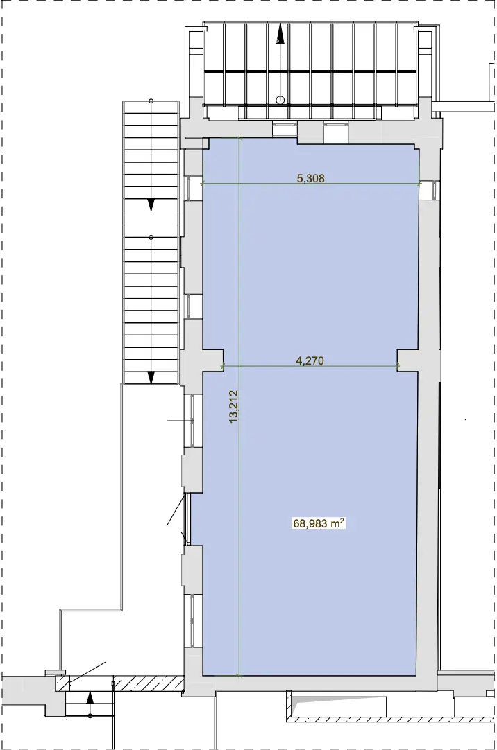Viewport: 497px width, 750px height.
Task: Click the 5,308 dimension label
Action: point(311,178)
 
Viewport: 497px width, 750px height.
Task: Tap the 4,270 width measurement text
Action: point(310,360)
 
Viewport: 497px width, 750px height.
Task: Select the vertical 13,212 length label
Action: point(234,407)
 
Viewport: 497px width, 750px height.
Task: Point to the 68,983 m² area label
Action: point(319,523)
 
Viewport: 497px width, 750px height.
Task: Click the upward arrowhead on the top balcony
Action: point(280,35)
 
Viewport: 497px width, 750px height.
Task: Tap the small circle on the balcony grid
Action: point(280,100)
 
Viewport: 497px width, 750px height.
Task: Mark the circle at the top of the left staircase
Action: point(151,101)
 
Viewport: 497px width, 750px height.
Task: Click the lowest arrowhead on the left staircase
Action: point(151,377)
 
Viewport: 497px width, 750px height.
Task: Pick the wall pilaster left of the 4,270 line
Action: point(212,360)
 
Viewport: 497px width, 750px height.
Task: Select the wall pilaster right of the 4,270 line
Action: point(407,360)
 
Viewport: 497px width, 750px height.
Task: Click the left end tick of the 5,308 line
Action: point(203,183)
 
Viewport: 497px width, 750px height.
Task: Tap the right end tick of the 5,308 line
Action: point(419,183)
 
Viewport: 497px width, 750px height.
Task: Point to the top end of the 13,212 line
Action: point(239,139)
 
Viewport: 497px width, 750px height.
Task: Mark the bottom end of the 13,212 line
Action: point(239,675)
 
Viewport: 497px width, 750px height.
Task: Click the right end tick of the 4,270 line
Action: point(398,367)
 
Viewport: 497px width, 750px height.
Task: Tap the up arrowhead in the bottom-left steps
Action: point(90,698)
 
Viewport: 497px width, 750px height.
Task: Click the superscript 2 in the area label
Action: point(342,521)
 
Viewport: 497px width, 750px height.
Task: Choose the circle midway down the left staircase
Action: point(151,237)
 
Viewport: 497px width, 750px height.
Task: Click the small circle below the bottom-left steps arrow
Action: point(90,716)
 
